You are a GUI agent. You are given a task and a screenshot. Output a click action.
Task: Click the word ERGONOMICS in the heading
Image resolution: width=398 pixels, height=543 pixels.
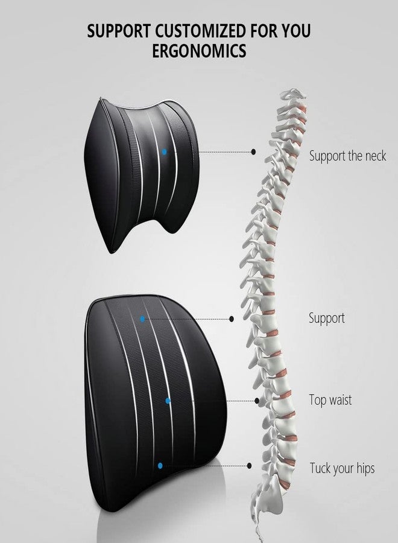[199, 51]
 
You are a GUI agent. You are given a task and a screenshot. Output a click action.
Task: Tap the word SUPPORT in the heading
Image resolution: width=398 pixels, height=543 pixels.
[119, 31]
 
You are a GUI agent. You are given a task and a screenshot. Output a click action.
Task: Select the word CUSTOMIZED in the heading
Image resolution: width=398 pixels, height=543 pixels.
[200, 31]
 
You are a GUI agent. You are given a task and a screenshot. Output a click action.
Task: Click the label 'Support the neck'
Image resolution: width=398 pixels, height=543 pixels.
[347, 156]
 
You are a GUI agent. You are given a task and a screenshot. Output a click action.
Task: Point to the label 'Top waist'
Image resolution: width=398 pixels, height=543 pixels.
[330, 400]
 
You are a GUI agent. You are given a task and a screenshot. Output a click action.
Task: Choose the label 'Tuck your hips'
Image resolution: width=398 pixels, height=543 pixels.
[342, 468]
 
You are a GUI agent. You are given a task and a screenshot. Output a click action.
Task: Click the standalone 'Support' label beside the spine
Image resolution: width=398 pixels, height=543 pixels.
[327, 318]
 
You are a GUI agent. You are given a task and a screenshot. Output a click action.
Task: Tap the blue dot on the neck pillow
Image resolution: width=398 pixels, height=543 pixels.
[164, 151]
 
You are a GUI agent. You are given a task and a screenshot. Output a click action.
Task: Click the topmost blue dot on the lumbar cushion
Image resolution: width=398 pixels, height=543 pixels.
[142, 319]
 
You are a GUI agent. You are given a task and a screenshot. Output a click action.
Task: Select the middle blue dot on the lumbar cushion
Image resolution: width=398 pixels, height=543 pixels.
[168, 401]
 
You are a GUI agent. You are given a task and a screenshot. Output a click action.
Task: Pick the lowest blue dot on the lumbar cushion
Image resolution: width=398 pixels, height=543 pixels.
[160, 466]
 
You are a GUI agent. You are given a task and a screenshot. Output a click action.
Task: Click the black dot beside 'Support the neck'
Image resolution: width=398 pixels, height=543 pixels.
[253, 151]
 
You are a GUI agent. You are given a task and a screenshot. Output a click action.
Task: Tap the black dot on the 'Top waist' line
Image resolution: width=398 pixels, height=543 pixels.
[257, 401]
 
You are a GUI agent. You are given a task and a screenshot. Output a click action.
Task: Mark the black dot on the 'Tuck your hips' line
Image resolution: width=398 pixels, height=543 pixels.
[249, 466]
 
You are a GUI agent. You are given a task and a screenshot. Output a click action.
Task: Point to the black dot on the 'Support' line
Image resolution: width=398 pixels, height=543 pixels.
[231, 319]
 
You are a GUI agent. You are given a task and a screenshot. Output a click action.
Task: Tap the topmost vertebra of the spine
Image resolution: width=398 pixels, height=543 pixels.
[292, 94]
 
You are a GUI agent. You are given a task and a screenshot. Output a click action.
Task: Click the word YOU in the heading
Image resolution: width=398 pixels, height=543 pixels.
[296, 31]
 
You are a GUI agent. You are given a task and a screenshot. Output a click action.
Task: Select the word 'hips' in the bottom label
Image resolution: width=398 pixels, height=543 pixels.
[365, 469]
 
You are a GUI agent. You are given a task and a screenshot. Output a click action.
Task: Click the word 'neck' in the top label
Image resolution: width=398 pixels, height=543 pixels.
[376, 156]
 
